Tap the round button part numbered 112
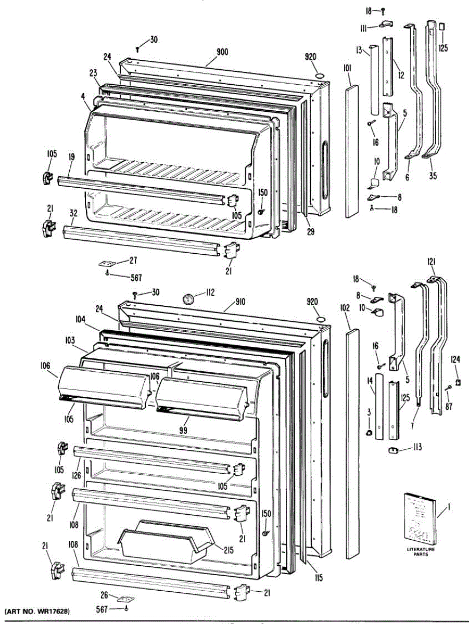pos(188,298)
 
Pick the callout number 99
pos(182,430)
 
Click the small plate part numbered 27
pos(107,263)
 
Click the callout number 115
pos(319,577)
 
